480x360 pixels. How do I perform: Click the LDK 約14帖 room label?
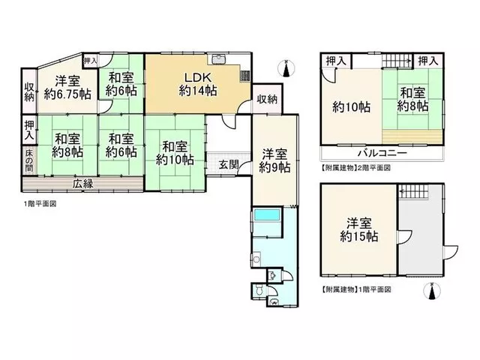(x=198, y=84)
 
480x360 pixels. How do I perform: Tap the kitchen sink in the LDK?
(x=218, y=59)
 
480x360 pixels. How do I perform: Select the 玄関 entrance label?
(x=229, y=165)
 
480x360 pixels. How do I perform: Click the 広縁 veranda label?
(x=83, y=184)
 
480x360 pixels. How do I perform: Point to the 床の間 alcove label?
(x=29, y=160)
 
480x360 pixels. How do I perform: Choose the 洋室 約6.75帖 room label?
(x=67, y=88)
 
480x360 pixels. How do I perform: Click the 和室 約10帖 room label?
(x=175, y=153)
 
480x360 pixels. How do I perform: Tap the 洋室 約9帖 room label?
(x=274, y=160)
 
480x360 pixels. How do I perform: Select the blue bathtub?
(x=267, y=214)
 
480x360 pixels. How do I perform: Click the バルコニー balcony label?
(x=382, y=153)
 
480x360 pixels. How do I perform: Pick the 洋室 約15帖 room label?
(x=358, y=230)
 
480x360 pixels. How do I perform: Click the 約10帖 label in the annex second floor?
(x=351, y=107)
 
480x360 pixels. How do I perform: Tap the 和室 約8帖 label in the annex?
(x=412, y=99)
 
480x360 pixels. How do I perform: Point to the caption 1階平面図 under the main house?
(x=40, y=204)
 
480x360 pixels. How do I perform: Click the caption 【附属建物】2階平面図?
(x=355, y=167)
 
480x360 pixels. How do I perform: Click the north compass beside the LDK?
(x=286, y=69)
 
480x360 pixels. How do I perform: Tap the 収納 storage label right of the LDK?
(x=267, y=99)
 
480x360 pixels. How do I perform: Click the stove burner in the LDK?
(x=245, y=76)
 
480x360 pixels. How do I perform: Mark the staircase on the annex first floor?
(x=414, y=192)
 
